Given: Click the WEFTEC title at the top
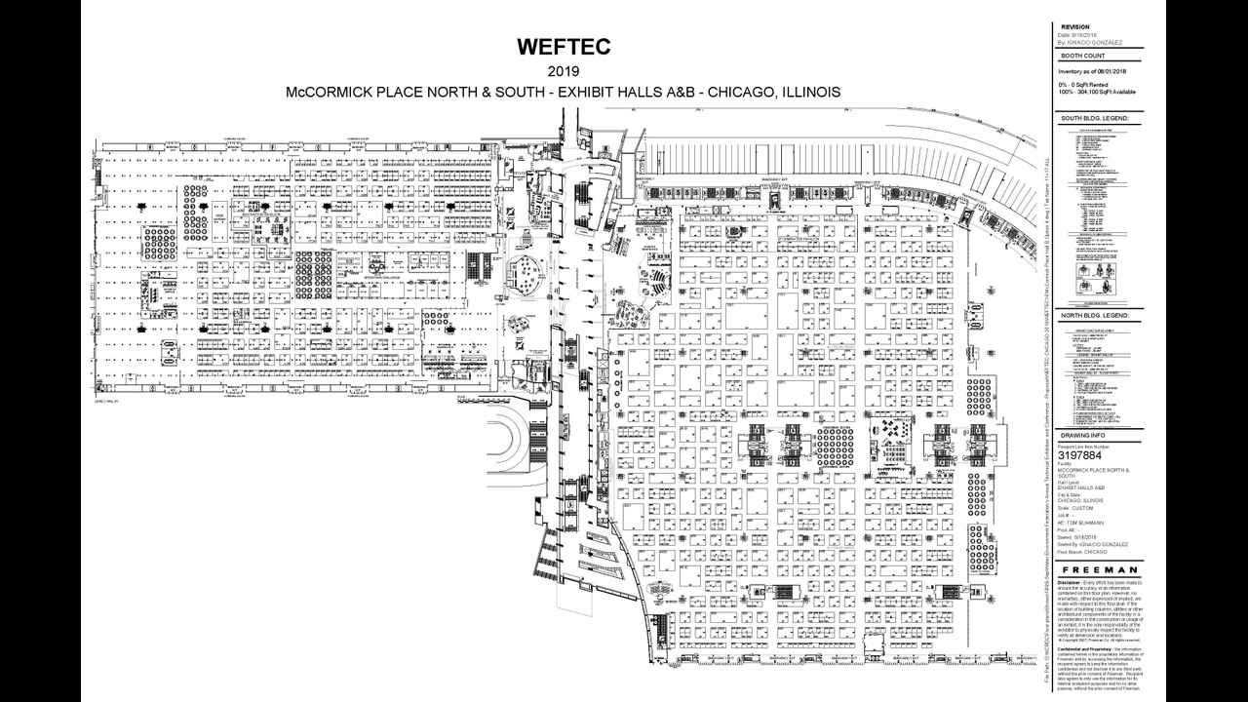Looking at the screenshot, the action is [563, 48].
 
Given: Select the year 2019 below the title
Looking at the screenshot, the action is [563, 71].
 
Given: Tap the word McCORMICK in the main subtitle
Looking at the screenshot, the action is [327, 93].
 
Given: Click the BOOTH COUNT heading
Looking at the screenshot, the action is [1081, 60].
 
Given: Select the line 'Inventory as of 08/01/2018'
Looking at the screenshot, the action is [1092, 71].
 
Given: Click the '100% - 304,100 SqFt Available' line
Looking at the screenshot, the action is [1096, 92].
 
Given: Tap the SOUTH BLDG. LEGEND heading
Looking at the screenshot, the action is [1095, 118].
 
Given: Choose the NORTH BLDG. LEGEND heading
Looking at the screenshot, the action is [1095, 316].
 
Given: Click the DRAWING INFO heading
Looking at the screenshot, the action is [1082, 435].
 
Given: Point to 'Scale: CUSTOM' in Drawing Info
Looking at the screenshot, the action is [1076, 508].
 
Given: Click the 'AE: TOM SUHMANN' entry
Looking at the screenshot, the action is [1079, 523].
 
